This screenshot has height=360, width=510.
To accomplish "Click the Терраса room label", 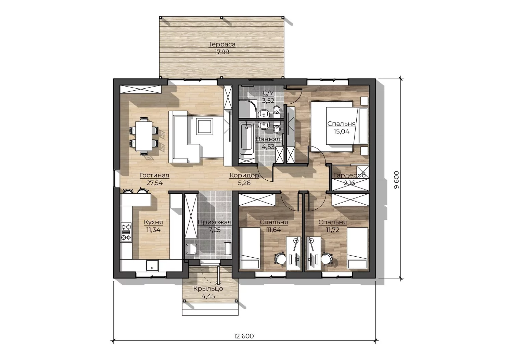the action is pos(222,44).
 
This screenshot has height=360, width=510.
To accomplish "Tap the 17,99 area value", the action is pos(222,52).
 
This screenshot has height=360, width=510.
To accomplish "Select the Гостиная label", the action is pos(155,175).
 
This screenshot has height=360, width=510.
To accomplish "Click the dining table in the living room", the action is pos(144,136).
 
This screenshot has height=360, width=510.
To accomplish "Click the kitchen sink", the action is pos(152,265).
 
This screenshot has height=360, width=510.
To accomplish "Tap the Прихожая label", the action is pos(215,222).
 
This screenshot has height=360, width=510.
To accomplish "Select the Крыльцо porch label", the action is pos(208,289).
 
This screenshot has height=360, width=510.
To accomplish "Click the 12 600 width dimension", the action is pos(244,336).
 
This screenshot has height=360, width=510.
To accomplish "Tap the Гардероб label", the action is pos(349,175).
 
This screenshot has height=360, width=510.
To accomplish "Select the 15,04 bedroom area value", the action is pos(342,131).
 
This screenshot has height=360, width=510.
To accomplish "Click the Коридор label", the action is pos(244,175).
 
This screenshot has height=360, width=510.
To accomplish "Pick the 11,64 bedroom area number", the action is pos(274,230).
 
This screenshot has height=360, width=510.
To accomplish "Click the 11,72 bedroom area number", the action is pos(333,230).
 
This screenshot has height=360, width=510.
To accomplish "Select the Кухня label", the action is pos(153,222).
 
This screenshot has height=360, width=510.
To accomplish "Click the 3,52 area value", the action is pos(268,101).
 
